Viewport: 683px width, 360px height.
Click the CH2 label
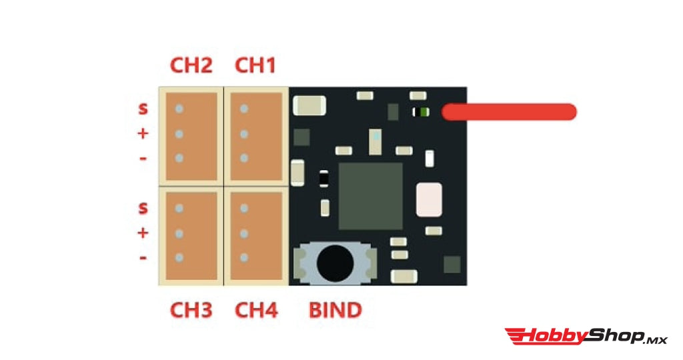[191, 66]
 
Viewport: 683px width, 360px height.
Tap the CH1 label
[255, 66]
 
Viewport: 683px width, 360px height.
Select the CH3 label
[191, 310]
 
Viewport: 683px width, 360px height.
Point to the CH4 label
[256, 310]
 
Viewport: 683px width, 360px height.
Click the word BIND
[335, 310]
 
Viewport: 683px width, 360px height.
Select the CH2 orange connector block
[191, 136]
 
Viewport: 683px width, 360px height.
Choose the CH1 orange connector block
[255, 136]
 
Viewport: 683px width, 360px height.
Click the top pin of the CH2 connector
[179, 109]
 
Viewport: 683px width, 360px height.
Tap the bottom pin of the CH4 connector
[244, 257]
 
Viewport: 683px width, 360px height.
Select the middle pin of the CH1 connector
[244, 134]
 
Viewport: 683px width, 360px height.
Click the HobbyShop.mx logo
[586, 336]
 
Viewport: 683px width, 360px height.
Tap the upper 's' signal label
[143, 108]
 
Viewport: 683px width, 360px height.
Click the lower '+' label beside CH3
[143, 233]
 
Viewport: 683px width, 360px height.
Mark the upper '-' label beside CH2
[143, 159]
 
